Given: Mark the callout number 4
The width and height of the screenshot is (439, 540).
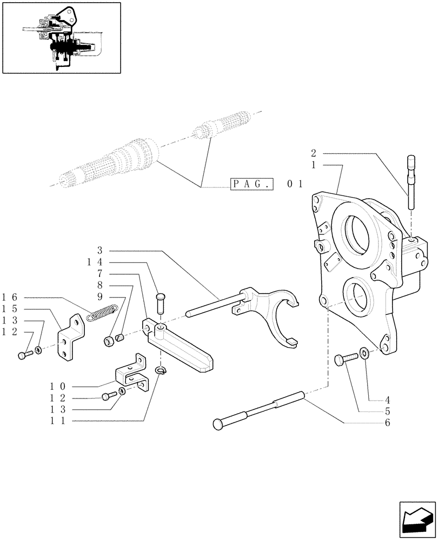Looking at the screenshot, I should [387, 401].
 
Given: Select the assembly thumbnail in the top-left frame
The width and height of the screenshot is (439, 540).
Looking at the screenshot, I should [61, 37].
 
